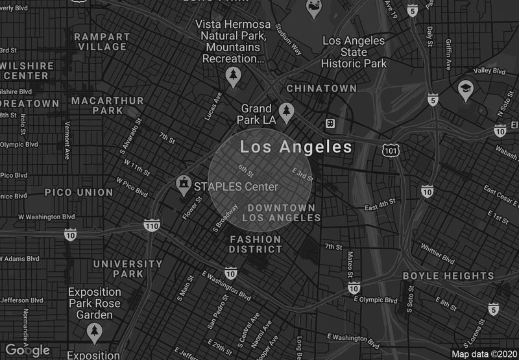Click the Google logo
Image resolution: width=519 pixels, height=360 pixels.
[28, 350]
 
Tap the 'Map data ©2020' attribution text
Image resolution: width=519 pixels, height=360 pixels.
[483, 354]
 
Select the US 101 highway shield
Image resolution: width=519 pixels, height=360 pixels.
[390, 150]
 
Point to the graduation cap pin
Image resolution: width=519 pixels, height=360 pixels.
[465, 90]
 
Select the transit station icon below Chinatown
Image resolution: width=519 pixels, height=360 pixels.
[330, 123]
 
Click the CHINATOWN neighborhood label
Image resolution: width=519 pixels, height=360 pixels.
[322, 88]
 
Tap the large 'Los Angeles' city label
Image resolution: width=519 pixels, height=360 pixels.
[296, 147]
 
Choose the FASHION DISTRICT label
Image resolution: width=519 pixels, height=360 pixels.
[256, 244]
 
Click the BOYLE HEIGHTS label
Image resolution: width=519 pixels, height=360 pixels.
[449, 276]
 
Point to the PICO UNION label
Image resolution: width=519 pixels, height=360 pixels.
[78, 192]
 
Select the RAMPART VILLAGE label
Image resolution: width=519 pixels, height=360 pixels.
[103, 42]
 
